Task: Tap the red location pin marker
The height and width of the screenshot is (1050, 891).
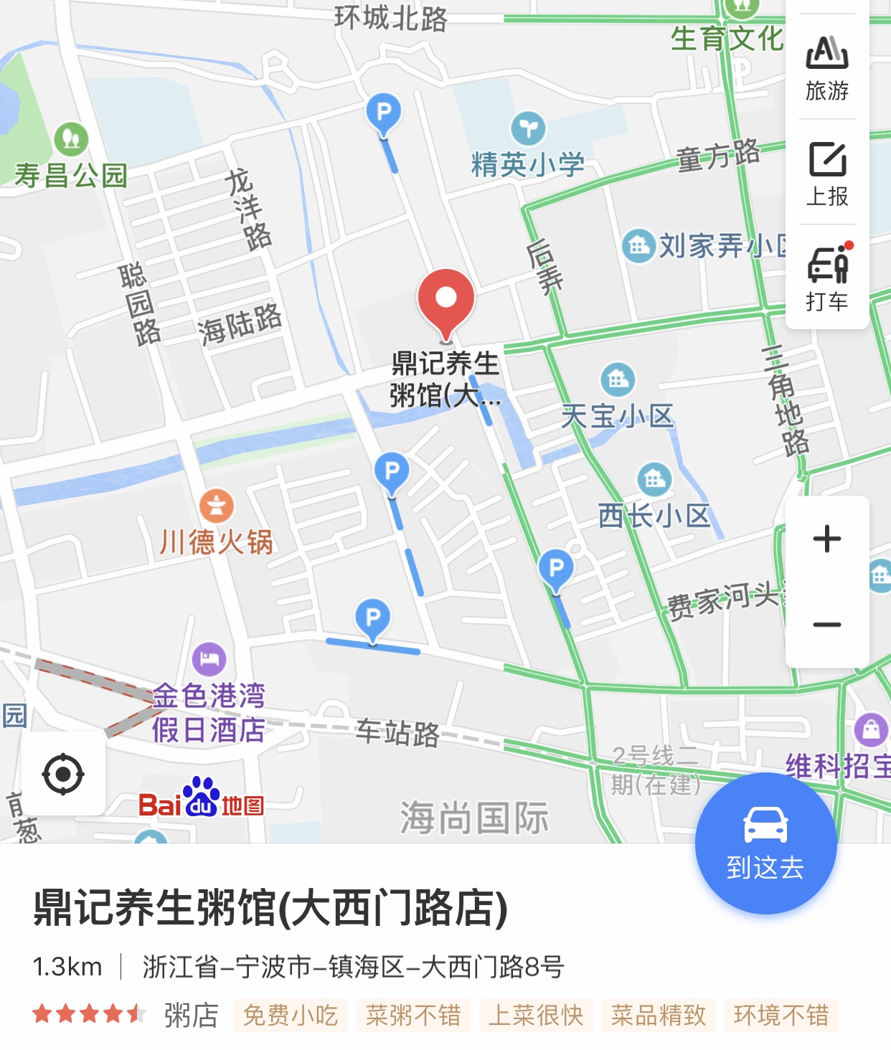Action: tap(445, 301)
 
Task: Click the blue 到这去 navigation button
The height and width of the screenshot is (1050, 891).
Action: tap(765, 843)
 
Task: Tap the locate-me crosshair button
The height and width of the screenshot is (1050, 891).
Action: tap(63, 774)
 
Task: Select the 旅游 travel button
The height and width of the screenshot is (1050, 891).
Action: tap(827, 67)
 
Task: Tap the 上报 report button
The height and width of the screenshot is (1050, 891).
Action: tap(827, 173)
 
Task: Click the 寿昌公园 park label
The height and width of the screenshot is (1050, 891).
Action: tap(71, 174)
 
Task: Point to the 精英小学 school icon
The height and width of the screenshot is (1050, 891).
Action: tap(528, 128)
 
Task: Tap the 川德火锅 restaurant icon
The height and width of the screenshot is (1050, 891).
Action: tap(217, 506)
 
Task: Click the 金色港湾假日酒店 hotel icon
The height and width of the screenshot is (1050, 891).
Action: tap(209, 658)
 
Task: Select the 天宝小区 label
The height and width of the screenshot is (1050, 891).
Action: tap(617, 415)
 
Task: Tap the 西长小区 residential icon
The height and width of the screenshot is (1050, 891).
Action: tap(654, 478)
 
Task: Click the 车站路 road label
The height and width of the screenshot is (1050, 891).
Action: tap(397, 732)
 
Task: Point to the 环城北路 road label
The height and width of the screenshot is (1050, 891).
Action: tap(391, 17)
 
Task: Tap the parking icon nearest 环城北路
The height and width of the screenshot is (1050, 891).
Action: tap(384, 113)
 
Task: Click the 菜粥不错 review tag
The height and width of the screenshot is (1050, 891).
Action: tap(413, 1016)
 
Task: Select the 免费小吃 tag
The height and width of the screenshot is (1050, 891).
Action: tap(291, 1016)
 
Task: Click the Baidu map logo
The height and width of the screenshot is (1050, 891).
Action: tap(202, 800)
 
